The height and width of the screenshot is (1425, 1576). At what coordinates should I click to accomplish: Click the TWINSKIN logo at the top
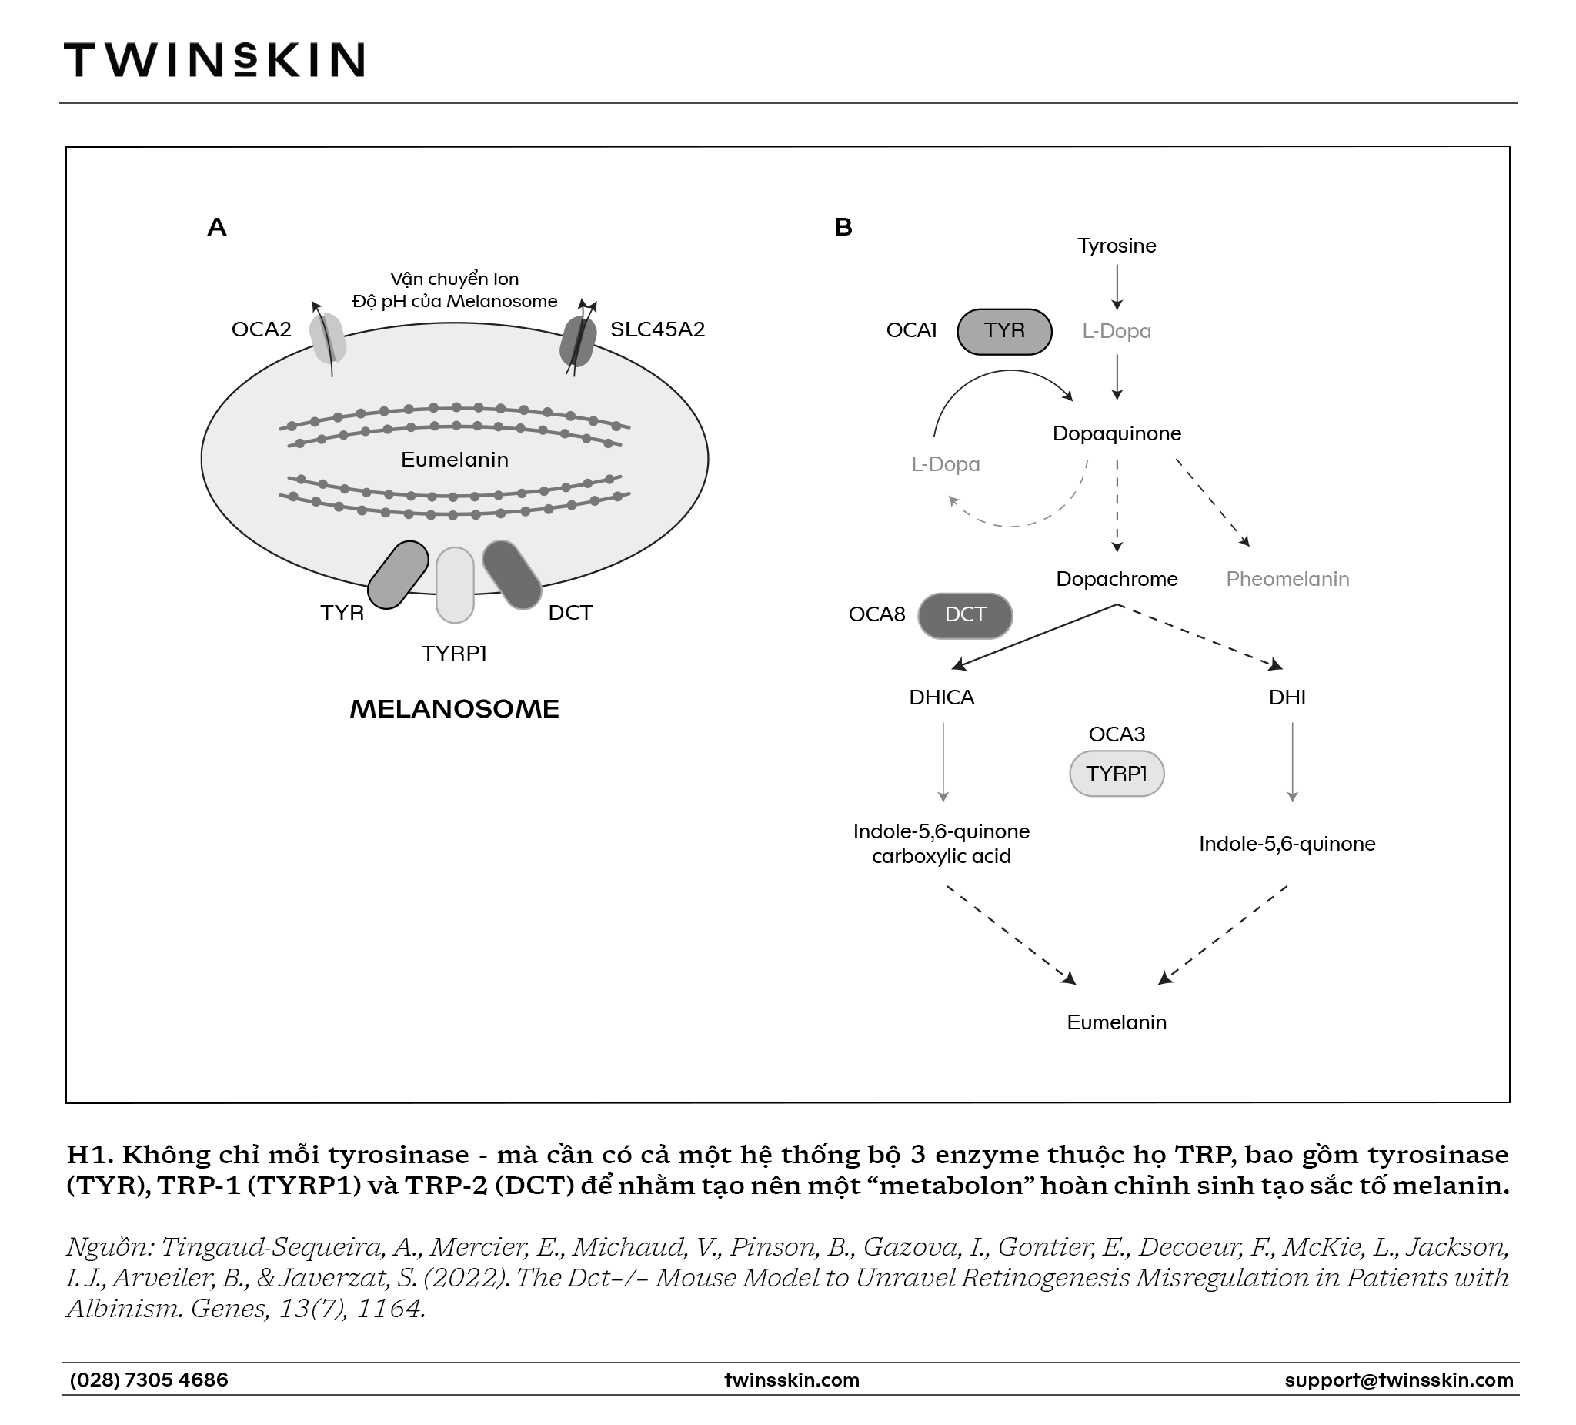[213, 59]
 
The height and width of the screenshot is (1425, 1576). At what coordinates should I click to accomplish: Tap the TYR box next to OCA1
[1004, 331]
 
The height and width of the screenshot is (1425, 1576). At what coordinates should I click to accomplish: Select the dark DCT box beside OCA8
[965, 616]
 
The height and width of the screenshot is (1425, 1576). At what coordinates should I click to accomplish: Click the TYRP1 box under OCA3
[1117, 774]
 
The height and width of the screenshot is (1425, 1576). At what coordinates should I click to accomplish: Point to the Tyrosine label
[1117, 246]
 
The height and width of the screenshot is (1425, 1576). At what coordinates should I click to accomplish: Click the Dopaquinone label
[1117, 433]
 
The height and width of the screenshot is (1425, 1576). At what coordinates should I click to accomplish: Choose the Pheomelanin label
[1287, 579]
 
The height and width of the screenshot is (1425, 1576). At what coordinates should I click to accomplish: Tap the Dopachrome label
[1117, 579]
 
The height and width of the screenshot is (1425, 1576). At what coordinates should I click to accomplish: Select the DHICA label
[941, 697]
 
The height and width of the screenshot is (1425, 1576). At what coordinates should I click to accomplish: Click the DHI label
[1287, 697]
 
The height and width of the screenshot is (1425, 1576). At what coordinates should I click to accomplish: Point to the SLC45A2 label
[657, 329]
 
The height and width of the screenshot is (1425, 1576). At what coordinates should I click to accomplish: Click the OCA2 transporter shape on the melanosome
[328, 338]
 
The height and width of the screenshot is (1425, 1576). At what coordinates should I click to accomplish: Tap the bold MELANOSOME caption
[454, 708]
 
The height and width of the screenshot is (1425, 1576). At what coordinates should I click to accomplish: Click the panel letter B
[843, 227]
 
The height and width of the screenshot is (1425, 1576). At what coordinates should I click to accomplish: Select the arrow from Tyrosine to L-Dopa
[1117, 288]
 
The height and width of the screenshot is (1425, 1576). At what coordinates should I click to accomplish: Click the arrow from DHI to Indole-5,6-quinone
[1291, 762]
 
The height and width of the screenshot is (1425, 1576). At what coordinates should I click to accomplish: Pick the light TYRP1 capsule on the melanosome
[455, 585]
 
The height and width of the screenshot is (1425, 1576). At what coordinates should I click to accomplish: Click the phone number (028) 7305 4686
[149, 1380]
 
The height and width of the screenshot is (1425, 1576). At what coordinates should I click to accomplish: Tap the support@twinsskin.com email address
[1398, 1380]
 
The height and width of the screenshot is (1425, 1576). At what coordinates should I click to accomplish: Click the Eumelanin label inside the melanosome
[454, 459]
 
